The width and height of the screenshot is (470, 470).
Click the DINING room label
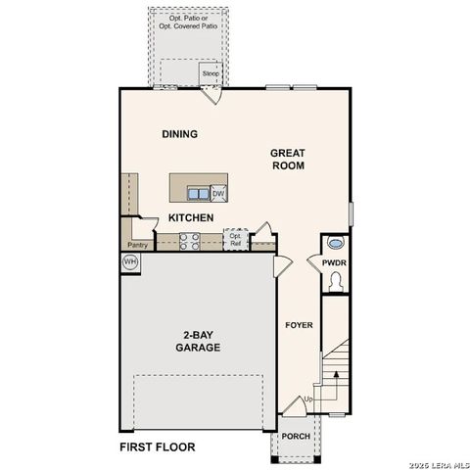[x=180, y=134]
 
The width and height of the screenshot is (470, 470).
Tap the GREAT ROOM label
[x=288, y=160]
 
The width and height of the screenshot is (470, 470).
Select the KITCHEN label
[x=191, y=217]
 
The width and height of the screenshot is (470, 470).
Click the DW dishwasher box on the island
[x=217, y=193]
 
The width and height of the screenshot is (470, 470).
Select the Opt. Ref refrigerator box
[x=235, y=240]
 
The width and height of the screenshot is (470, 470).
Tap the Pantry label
[x=137, y=245]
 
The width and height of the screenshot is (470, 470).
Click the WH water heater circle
[x=130, y=262]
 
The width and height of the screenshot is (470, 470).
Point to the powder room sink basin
[x=336, y=244]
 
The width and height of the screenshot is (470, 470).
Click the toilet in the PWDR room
[x=336, y=281]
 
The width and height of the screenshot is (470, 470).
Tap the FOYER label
[x=298, y=325]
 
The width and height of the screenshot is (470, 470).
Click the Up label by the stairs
[x=310, y=400]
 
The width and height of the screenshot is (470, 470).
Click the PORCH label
[x=295, y=437]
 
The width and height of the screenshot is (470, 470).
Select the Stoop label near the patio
[x=210, y=73]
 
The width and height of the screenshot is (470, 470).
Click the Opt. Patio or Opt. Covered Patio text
[x=189, y=23]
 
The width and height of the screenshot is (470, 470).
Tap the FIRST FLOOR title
[x=157, y=447]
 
